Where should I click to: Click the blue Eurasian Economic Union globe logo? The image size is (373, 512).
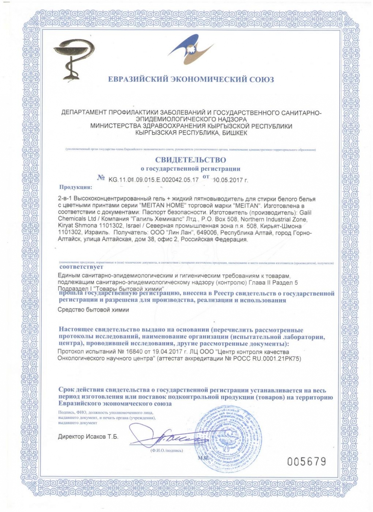(191, 50)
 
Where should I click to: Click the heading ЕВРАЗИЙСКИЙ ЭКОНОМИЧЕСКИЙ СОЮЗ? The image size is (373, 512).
(191, 79)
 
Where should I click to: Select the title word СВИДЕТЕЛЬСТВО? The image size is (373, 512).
(191, 160)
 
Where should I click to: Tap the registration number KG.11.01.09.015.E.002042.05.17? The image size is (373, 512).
(153, 180)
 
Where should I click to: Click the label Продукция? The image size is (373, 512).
(75, 187)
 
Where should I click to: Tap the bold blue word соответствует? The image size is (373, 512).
(81, 267)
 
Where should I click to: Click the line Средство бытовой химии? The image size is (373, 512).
(93, 310)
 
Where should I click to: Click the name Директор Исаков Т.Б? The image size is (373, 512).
(88, 437)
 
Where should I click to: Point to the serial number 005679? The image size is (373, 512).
(306, 462)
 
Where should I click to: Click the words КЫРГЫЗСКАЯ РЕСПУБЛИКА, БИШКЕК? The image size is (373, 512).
(191, 133)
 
